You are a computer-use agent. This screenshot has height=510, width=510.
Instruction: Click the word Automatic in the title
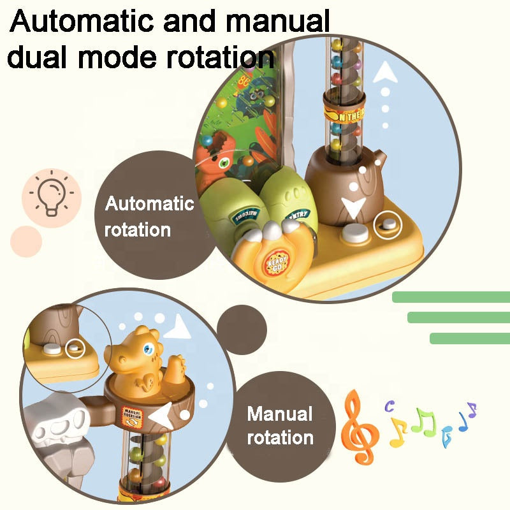tap(82, 22)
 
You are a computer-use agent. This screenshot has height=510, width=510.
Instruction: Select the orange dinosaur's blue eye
tap(149, 349)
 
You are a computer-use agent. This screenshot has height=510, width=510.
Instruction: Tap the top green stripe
tap(450, 296)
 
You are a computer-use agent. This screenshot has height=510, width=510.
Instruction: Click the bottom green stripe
tap(469, 338)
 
